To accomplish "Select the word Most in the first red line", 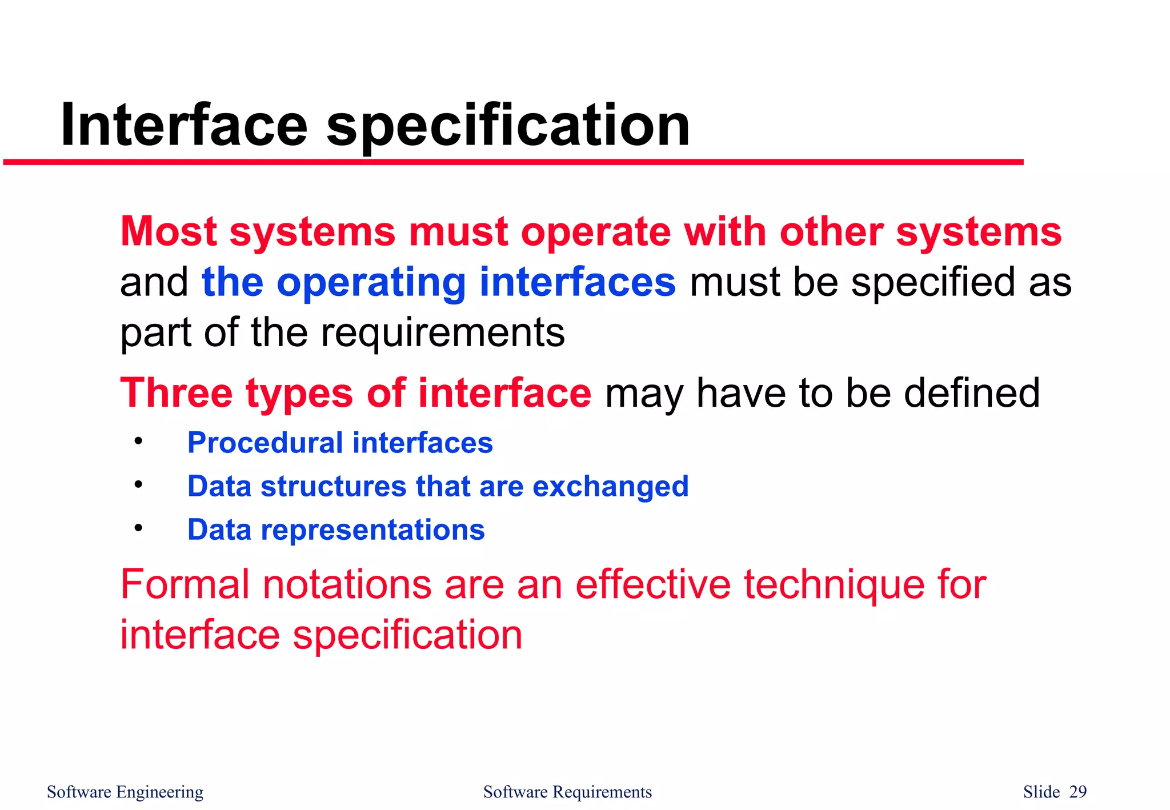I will coord(169,231).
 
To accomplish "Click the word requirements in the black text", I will coord(443,334).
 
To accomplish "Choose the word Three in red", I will coord(176,393).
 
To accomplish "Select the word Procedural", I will coord(265,443).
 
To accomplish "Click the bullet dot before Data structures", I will coord(138,484).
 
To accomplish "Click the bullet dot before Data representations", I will coord(138,528).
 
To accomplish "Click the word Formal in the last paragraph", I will coord(185,584).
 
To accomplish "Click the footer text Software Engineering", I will coord(125,792).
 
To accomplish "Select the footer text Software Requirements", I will coord(567,792).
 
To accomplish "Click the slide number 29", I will coord(1077,792).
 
